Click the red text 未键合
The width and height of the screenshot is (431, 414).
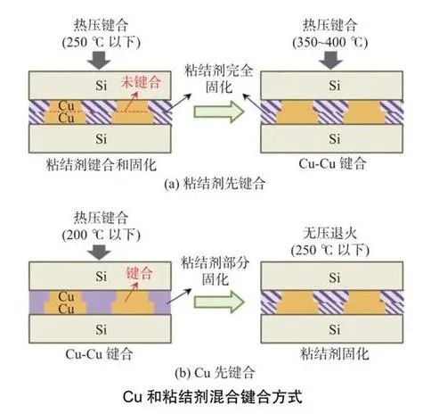(x=141, y=82)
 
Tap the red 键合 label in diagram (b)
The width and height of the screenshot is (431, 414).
(x=140, y=273)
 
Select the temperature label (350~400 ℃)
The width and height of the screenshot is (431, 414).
(x=330, y=42)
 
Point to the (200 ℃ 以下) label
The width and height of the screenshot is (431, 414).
(x=102, y=235)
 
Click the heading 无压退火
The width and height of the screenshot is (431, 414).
(x=329, y=233)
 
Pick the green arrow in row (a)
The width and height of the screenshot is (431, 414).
(x=219, y=112)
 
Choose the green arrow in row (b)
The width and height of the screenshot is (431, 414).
(x=219, y=302)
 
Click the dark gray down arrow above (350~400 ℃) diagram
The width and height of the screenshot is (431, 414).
(x=331, y=61)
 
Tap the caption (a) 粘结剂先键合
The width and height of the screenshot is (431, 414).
(x=215, y=183)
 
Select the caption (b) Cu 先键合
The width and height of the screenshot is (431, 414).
(x=215, y=373)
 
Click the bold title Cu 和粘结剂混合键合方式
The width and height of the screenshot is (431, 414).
(x=213, y=396)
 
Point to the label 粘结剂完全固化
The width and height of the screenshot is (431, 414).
(x=219, y=79)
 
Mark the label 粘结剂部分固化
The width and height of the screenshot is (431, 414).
(x=215, y=270)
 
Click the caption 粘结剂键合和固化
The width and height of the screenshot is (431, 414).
(x=102, y=164)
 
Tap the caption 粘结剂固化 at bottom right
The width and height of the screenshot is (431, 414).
(x=335, y=354)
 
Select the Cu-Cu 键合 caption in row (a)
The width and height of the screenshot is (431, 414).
(x=332, y=164)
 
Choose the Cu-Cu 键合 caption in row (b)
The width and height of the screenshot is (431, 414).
(x=99, y=354)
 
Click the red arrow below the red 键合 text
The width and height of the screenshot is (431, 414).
(x=132, y=292)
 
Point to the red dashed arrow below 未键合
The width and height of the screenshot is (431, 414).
(x=132, y=102)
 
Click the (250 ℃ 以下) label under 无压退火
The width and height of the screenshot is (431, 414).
(x=330, y=250)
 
